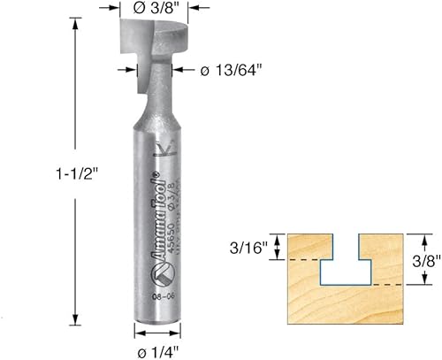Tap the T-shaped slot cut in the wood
tap(344, 265)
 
